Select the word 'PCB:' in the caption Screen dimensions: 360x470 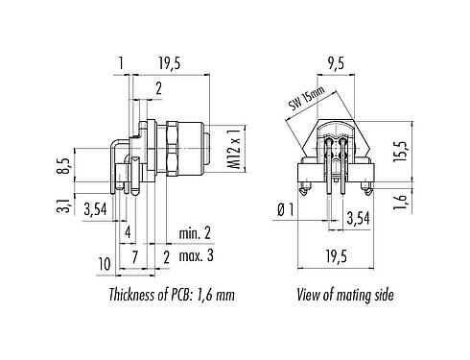pyautogui.click(x=188, y=296)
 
